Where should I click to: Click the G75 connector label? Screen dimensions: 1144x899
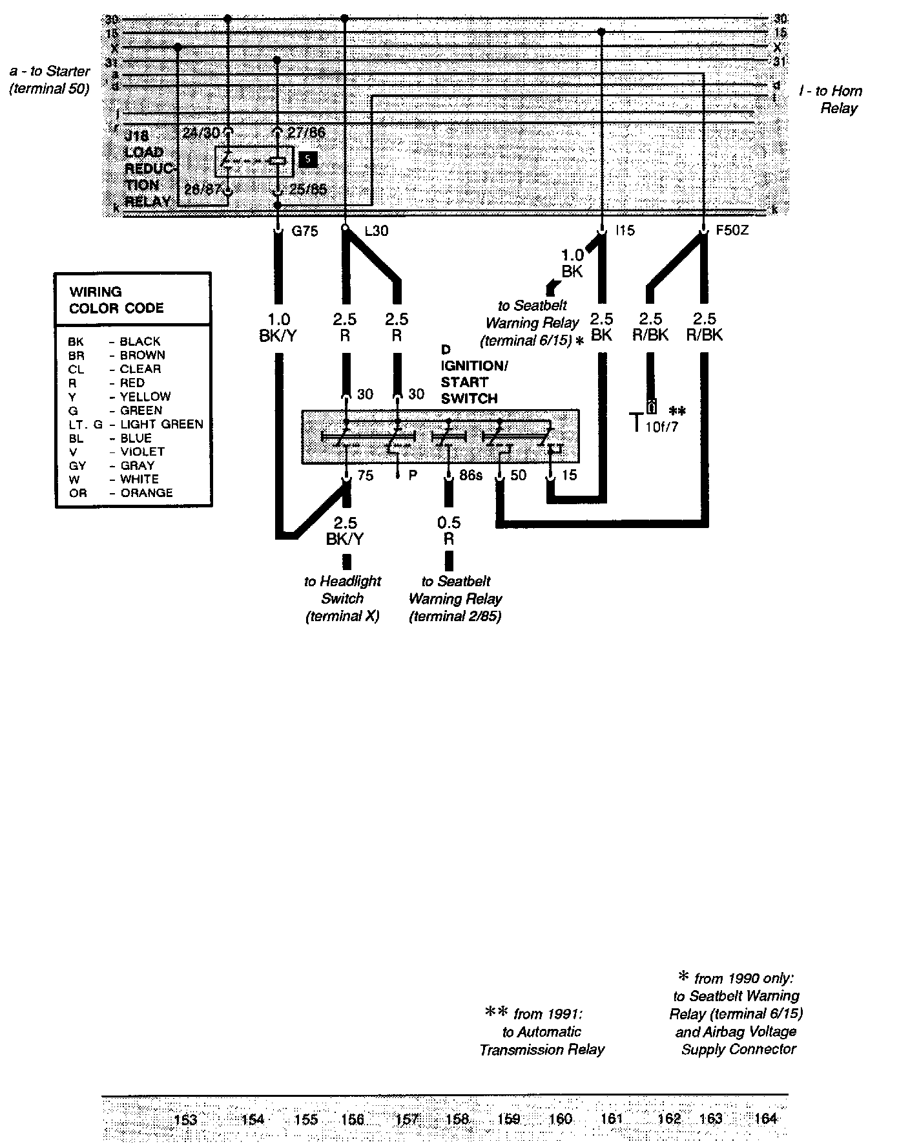click(x=305, y=231)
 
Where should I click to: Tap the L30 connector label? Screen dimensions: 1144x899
click(x=376, y=231)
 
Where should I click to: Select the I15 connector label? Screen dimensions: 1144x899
click(x=625, y=230)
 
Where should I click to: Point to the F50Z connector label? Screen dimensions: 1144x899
click(x=732, y=230)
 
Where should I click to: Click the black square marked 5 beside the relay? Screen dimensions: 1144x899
click(x=308, y=159)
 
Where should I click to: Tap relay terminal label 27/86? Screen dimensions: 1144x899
click(x=306, y=133)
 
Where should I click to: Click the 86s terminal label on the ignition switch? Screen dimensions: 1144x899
click(x=470, y=476)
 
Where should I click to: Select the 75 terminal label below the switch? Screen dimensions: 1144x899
click(x=365, y=476)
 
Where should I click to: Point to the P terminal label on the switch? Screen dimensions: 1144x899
click(x=413, y=476)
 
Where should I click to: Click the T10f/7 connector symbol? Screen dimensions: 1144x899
click(x=652, y=419)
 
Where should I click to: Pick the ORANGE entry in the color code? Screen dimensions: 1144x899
click(x=146, y=493)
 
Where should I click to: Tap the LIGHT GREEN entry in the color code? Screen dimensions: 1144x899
click(x=161, y=425)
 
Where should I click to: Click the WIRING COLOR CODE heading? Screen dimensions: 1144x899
click(x=116, y=300)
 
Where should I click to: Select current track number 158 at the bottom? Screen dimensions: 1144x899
click(x=457, y=1119)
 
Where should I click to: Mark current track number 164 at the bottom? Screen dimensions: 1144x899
click(x=765, y=1119)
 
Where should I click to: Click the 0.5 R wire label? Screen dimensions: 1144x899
click(x=449, y=531)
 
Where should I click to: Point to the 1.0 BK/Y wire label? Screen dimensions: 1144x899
click(x=279, y=327)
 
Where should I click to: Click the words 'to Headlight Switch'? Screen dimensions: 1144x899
click(x=342, y=589)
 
